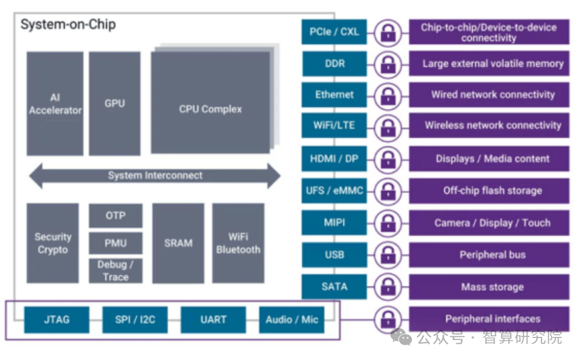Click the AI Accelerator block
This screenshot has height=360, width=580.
click(x=55, y=104)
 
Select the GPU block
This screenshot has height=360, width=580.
click(x=114, y=104)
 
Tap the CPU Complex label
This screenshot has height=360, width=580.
click(x=210, y=109)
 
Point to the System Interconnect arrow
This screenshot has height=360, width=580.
click(x=155, y=176)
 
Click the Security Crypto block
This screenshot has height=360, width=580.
click(x=53, y=243)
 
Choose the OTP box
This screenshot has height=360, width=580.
click(x=115, y=215)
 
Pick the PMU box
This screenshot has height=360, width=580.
click(x=115, y=243)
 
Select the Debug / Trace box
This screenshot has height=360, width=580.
click(x=115, y=271)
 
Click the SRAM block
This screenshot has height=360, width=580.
click(x=178, y=243)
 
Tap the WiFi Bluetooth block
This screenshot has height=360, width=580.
click(x=238, y=243)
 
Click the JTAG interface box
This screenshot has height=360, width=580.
click(x=56, y=320)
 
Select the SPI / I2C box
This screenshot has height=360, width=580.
click(x=135, y=320)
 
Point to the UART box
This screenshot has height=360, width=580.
click(x=213, y=320)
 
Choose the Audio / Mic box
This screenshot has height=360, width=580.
click(x=292, y=320)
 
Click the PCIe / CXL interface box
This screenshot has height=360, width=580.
click(x=334, y=32)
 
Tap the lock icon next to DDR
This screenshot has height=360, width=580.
click(x=387, y=64)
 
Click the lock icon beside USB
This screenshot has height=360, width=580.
click(x=387, y=255)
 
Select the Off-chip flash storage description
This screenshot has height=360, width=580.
click(x=492, y=191)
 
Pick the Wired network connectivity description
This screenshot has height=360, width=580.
click(x=492, y=95)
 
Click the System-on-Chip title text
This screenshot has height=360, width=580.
click(x=68, y=25)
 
